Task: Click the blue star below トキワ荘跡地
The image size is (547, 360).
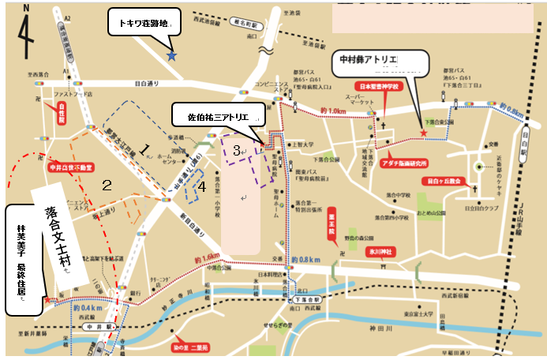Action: pos(170,55)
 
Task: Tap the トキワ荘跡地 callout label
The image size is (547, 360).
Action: pos(144,23)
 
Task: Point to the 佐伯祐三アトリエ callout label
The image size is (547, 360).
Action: pos(218,117)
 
